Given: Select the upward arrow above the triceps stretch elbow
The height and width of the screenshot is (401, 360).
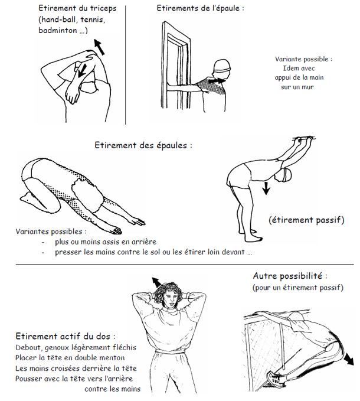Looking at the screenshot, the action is pos(99,47).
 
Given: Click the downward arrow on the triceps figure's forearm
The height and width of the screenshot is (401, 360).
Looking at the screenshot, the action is pos(82,70).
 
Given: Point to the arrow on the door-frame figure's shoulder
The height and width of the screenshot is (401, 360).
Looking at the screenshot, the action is pos(217,81).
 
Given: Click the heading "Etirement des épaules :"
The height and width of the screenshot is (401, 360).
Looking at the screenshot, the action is pos(143,145).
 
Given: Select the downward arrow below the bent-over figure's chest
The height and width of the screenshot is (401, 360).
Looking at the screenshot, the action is pos(266,188).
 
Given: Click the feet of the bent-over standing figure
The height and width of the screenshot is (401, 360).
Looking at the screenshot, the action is pos(250,236).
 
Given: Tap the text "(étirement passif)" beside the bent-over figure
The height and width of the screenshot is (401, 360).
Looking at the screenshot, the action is pos(306,220).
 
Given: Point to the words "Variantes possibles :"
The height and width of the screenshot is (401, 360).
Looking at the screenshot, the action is pos(51,232).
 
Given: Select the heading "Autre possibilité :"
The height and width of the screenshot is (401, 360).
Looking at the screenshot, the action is pos(290,276).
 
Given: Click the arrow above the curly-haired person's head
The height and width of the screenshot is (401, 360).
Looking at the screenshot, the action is pos(156,282).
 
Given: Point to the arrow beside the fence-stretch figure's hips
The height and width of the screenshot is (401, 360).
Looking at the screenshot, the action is pos(349,359).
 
